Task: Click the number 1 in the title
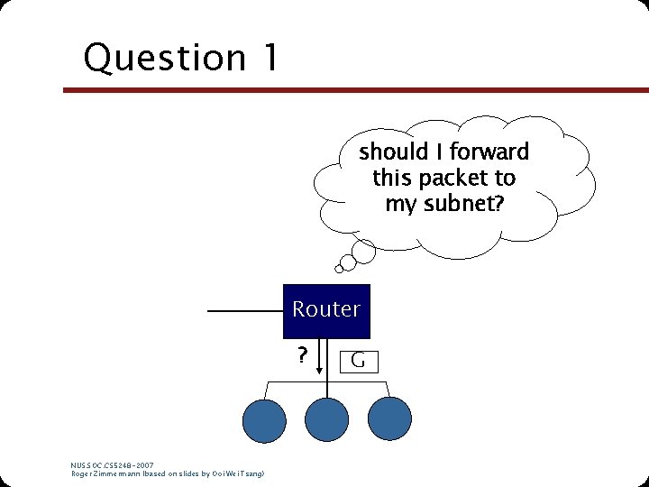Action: coord(270,58)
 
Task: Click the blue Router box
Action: coord(326,309)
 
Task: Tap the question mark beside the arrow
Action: coord(303,355)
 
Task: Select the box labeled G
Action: coord(357,362)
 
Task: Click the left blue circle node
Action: coord(264,419)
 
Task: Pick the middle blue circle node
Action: coord(326,419)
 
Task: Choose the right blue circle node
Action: coord(388,419)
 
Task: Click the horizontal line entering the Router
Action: coord(245,311)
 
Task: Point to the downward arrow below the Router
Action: coord(326,356)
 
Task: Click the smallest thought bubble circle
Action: coord(339,268)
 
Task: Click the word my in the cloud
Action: coord(398,205)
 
